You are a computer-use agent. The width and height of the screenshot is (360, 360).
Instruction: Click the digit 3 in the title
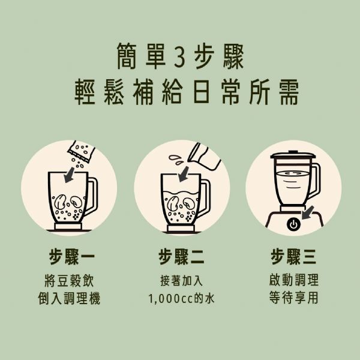[x=179, y=57]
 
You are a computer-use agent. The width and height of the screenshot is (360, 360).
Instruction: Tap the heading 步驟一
[x=71, y=257]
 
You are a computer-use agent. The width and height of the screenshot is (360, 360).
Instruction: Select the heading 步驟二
[x=181, y=257]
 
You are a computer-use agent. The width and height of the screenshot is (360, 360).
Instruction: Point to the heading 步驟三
[x=293, y=257]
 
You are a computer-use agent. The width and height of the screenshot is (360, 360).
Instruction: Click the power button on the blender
[x=293, y=224]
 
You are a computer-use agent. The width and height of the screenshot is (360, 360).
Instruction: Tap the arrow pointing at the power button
[x=308, y=213]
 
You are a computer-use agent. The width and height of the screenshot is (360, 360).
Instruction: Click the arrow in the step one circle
[x=70, y=175]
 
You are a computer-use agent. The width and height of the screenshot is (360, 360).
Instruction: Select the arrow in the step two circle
[x=184, y=174]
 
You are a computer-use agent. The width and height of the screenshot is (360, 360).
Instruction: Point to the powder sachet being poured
[x=81, y=152]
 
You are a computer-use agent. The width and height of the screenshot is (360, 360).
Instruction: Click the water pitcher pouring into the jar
[x=204, y=156]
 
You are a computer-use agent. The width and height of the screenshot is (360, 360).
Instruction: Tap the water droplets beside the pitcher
[x=176, y=160]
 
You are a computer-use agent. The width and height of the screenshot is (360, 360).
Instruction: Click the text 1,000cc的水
[x=181, y=298]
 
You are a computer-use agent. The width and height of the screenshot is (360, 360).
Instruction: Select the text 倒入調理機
[x=70, y=298]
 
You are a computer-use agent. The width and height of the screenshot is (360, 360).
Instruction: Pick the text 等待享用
[x=293, y=298]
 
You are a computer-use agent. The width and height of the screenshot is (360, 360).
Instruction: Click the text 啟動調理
[x=293, y=280]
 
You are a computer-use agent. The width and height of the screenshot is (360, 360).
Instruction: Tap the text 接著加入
[x=181, y=281]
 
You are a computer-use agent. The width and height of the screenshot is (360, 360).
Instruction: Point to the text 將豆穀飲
[x=70, y=281]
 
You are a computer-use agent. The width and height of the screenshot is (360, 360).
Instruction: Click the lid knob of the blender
[x=293, y=152]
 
